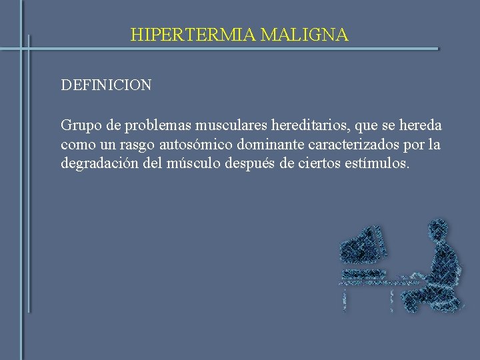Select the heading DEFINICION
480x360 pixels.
click(x=106, y=85)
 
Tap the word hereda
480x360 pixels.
click(x=419, y=126)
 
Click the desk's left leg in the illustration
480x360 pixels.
click(x=344, y=297)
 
